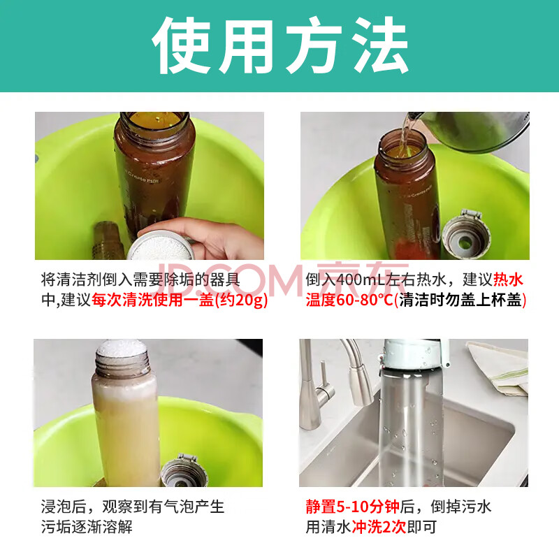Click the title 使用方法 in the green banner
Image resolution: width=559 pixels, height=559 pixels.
[280, 45]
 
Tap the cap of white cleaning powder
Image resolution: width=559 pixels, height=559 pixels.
[161, 247]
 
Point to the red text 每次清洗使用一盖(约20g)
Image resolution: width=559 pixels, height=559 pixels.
[180, 300]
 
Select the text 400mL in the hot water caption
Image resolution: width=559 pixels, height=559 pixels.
[361, 280]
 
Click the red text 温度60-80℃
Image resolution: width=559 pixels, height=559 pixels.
[349, 300]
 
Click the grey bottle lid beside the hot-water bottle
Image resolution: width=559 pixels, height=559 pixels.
[466, 235]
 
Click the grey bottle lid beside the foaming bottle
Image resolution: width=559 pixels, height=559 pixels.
[184, 470]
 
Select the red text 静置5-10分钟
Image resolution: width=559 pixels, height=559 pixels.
[353, 507]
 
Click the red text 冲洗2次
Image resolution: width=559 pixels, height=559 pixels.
[379, 527]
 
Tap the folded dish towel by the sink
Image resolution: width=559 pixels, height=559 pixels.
[499, 368]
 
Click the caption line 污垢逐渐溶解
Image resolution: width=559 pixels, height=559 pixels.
[87, 527]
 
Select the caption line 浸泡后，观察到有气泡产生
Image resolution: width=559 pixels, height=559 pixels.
[133, 507]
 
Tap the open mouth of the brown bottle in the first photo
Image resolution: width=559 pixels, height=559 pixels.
[154, 120]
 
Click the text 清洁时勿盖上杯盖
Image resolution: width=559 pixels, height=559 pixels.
[460, 300]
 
